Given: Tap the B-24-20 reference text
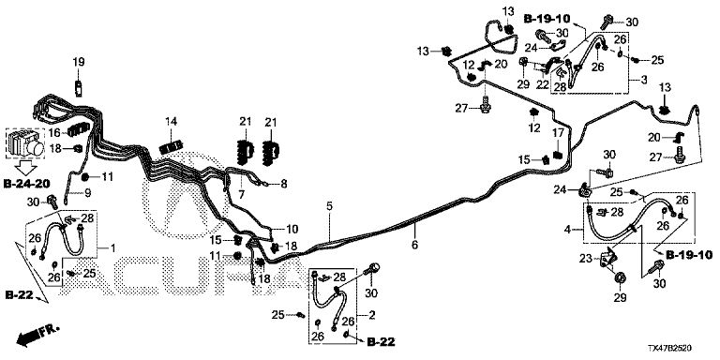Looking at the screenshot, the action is [x=26, y=184].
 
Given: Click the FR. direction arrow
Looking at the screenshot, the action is [x=37, y=335].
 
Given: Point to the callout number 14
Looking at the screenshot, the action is [x=171, y=122].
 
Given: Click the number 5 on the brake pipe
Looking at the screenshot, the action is [x=329, y=206].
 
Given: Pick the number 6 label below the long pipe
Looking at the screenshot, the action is [x=415, y=246].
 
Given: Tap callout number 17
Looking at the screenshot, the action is [x=558, y=134].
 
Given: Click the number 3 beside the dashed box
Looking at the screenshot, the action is [x=644, y=81].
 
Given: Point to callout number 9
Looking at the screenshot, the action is [x=87, y=193].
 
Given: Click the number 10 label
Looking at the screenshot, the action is [x=292, y=229].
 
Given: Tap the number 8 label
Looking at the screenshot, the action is [x=284, y=184].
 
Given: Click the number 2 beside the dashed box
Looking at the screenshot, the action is [x=371, y=315].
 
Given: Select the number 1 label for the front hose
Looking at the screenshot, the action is [x=112, y=247].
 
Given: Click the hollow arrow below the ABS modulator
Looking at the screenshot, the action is [x=26, y=167].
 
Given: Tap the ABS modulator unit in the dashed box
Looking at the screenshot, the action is [x=25, y=143].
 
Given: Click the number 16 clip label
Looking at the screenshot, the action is [x=54, y=133].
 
